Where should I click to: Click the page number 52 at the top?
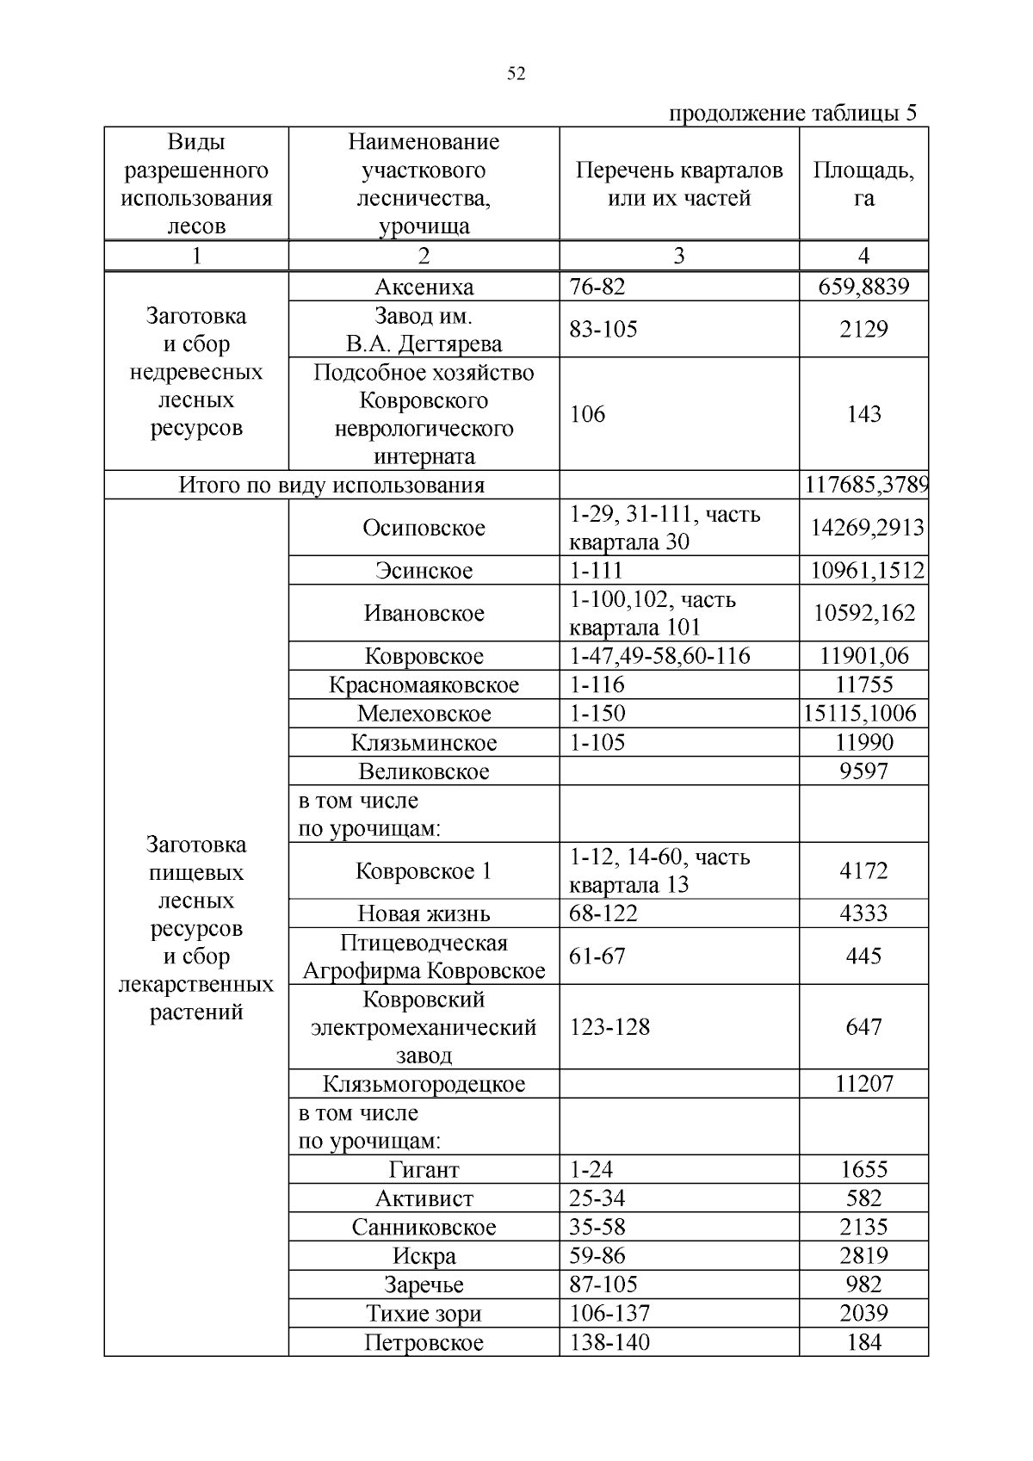(x=516, y=74)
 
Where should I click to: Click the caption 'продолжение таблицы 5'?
(x=792, y=114)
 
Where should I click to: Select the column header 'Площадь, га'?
(x=863, y=184)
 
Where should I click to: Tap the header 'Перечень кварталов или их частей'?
(x=679, y=184)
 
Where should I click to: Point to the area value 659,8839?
(x=863, y=287)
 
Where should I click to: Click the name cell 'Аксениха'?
(x=424, y=287)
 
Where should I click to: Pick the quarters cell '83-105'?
(x=603, y=329)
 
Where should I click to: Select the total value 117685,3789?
(x=865, y=485)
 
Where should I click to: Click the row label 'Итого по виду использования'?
(x=331, y=485)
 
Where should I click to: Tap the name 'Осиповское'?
(x=424, y=528)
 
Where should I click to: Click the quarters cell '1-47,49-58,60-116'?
(x=659, y=656)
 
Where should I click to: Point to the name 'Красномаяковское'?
(x=424, y=685)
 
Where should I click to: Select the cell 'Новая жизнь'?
(x=424, y=913)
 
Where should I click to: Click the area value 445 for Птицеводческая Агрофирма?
(x=863, y=956)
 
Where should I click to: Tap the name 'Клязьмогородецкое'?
(x=424, y=1084)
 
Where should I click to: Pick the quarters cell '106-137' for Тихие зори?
(x=609, y=1314)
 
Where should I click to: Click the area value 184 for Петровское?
(x=863, y=1342)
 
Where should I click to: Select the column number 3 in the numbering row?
(x=679, y=256)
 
